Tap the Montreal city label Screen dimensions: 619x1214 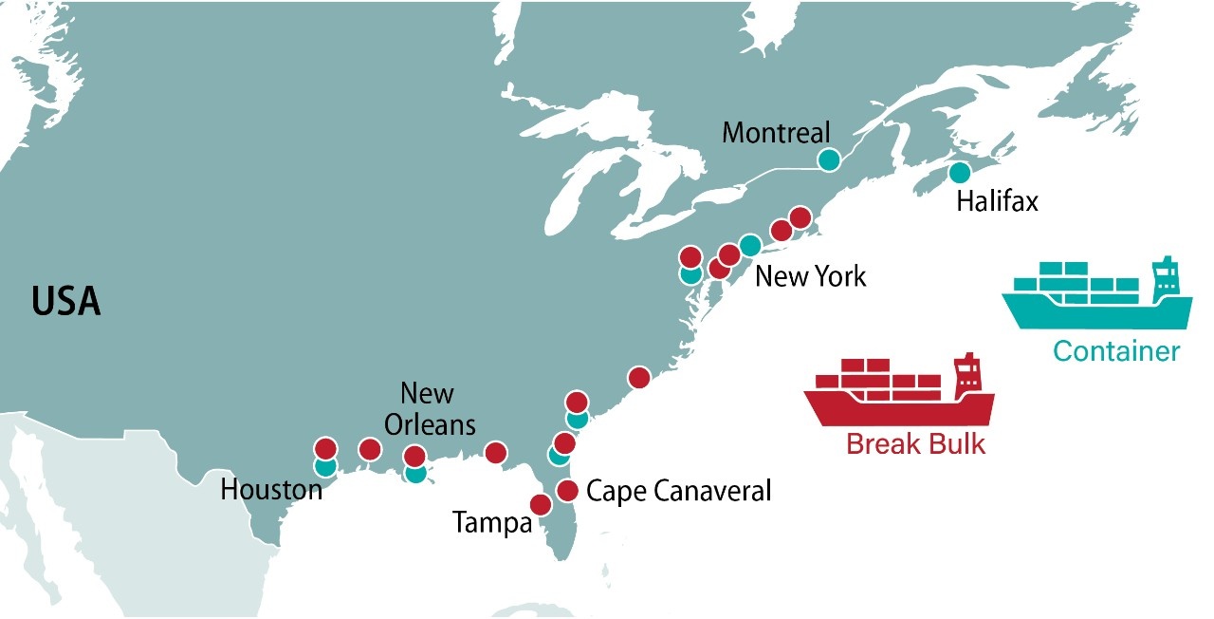click(775, 132)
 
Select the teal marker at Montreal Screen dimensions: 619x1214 click(829, 159)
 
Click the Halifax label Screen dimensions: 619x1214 click(998, 202)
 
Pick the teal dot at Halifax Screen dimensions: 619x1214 click(960, 173)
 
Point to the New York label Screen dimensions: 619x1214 click(810, 276)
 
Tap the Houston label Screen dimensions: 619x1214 click(271, 491)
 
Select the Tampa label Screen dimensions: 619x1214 click(492, 522)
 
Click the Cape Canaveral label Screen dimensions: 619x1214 click(679, 491)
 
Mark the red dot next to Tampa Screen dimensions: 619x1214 click(541, 505)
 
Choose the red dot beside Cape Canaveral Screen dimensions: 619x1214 click(567, 490)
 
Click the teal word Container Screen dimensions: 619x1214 click(1116, 351)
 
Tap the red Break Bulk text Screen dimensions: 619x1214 click(915, 443)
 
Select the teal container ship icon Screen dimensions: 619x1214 click(1096, 294)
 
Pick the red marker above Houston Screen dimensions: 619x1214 click(325, 448)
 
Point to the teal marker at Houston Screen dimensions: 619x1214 click(325, 466)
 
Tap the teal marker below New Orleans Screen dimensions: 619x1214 click(415, 473)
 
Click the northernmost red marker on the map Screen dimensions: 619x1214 click(800, 217)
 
